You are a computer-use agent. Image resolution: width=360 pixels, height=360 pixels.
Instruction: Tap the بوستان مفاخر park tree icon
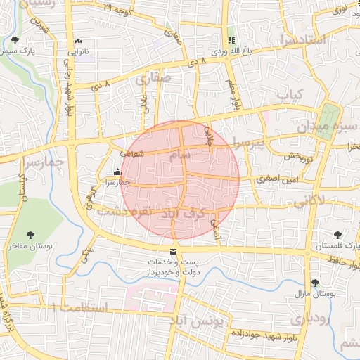[30, 235]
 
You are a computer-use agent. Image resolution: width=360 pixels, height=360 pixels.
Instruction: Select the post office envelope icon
[174, 252]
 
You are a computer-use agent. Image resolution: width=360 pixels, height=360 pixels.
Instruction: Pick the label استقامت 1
[82, 307]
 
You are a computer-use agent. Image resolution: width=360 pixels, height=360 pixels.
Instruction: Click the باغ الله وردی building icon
[231, 40]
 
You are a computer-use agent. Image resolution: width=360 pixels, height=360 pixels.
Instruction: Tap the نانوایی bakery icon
[77, 41]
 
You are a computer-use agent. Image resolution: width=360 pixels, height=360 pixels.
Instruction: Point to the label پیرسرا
[250, 145]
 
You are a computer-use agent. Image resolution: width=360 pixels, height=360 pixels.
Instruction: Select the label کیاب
[288, 94]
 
